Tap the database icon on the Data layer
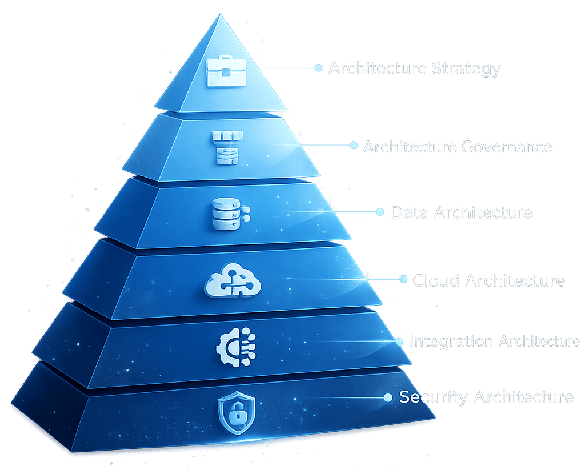click(x=226, y=212)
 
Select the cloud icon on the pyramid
click(x=232, y=280)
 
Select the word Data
click(x=410, y=213)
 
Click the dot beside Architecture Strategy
click(x=318, y=68)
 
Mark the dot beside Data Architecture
click(x=380, y=212)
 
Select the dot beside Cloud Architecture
click(x=403, y=279)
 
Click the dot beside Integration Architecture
click(x=399, y=341)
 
